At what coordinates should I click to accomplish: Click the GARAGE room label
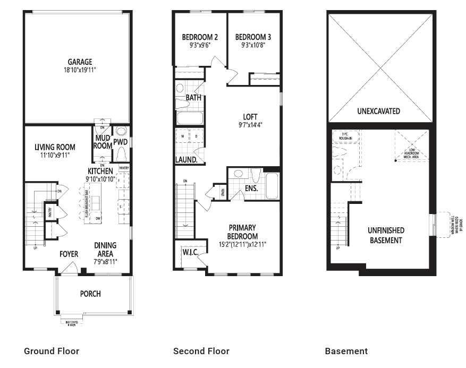pyautogui.click(x=80, y=62)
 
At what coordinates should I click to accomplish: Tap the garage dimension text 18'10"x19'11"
pyautogui.click(x=80, y=70)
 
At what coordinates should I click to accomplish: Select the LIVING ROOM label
pyautogui.click(x=55, y=147)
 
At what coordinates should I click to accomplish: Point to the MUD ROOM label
pyautogui.click(x=103, y=142)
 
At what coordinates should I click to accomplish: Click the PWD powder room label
pyautogui.click(x=121, y=142)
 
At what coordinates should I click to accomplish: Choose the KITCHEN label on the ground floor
pyautogui.click(x=100, y=171)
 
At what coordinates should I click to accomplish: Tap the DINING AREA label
pyautogui.click(x=105, y=250)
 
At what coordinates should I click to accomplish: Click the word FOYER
pyautogui.click(x=68, y=254)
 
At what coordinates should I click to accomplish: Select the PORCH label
pyautogui.click(x=90, y=294)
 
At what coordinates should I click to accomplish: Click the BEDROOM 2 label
pyautogui.click(x=200, y=37)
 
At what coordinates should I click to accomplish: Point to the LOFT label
pyautogui.click(x=250, y=117)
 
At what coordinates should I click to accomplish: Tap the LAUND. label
pyautogui.click(x=187, y=159)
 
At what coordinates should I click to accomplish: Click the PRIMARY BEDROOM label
pyautogui.click(x=242, y=233)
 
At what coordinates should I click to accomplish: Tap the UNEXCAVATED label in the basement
pyautogui.click(x=378, y=112)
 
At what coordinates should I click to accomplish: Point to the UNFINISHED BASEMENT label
pyautogui.click(x=386, y=235)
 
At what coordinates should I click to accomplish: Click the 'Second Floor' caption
pyautogui.click(x=201, y=351)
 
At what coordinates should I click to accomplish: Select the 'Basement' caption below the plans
pyautogui.click(x=346, y=351)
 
